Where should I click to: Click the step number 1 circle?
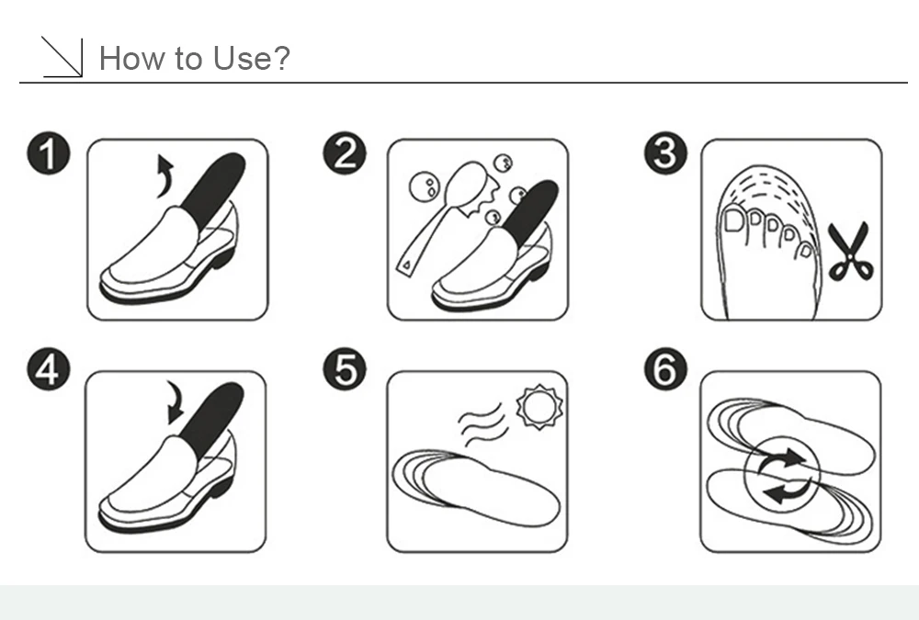coord(49,153)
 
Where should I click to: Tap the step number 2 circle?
coord(345,153)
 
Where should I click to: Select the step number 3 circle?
coord(665,153)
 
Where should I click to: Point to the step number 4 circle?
coord(49,369)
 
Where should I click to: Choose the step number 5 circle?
coord(345,369)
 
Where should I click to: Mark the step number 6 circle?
coord(665,369)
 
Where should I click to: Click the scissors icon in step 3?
coord(850,251)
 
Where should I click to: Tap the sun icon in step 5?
coord(539,407)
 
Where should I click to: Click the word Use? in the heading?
coord(252,58)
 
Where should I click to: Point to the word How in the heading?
coord(131,58)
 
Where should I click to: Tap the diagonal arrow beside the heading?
coord(62,57)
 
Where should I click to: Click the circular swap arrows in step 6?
coord(782,475)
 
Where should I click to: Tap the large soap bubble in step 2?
coord(424,187)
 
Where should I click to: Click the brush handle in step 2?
coord(422,242)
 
